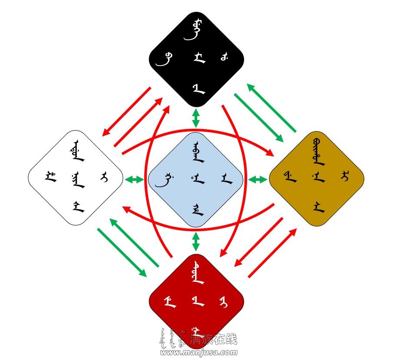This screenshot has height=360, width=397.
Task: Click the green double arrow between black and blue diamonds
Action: coord(196,118)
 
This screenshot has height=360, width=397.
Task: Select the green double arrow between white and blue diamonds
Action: coord(134,179)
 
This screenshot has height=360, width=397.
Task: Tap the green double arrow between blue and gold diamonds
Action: coord(258,179)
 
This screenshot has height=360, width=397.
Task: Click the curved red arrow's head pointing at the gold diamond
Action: coord(270,153)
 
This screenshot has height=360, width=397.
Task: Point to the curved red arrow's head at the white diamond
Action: coord(126,209)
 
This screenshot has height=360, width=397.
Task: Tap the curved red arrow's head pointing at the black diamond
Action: coord(166,110)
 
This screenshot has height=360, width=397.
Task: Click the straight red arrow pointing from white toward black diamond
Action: coord(138,122)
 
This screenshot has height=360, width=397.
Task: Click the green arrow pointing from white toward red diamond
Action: coord(122,253)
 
